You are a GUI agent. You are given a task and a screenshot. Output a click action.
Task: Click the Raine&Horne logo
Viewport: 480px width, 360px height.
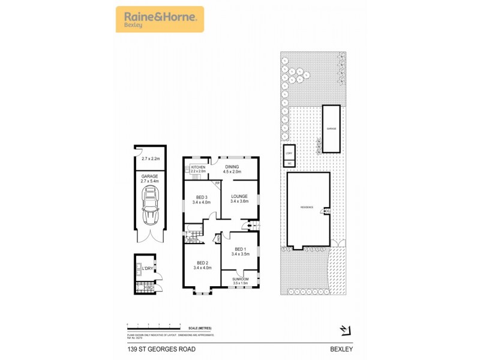[160, 19]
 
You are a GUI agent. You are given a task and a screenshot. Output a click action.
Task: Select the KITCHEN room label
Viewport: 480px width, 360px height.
[199, 167]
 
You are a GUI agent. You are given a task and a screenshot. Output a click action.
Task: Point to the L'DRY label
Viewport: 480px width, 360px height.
[148, 268]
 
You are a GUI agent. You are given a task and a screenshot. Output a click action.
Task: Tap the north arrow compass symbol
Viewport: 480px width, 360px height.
[344, 329]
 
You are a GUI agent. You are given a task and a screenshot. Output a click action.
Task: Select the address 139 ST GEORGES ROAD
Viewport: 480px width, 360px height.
[161, 349]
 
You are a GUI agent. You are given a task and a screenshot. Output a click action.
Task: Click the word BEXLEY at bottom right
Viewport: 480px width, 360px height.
[340, 349]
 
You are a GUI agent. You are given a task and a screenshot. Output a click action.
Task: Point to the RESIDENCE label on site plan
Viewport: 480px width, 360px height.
[307, 208]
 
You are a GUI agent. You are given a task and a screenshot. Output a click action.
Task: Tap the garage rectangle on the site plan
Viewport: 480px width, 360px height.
[331, 129]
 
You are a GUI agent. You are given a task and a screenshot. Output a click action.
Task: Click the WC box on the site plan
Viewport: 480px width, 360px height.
[289, 163]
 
